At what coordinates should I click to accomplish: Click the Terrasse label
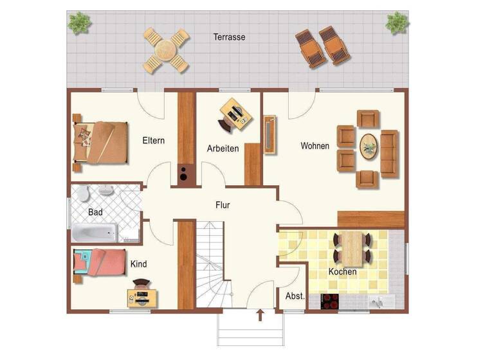click(x=229, y=37)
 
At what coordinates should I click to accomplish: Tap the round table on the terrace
click(x=166, y=50)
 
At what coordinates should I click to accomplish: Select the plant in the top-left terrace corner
click(x=80, y=23)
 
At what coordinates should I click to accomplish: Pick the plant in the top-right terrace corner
click(x=397, y=23)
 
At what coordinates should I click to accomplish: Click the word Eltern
click(x=154, y=141)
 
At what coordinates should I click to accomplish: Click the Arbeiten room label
click(x=223, y=148)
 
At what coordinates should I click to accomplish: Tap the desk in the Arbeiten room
click(x=235, y=114)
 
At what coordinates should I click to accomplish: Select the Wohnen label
click(x=315, y=146)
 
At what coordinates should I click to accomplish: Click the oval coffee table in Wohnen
click(x=369, y=147)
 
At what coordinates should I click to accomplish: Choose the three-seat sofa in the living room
click(x=389, y=153)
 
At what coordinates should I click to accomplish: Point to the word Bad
click(x=95, y=212)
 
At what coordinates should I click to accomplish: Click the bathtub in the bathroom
click(x=95, y=232)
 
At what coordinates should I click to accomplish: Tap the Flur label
click(x=223, y=206)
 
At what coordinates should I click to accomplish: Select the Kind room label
click(x=138, y=264)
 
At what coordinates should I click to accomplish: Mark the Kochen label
click(x=342, y=272)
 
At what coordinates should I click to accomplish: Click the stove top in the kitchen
click(x=330, y=301)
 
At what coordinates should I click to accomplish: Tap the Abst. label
click(x=295, y=296)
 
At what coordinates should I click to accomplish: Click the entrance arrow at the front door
click(x=260, y=314)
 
